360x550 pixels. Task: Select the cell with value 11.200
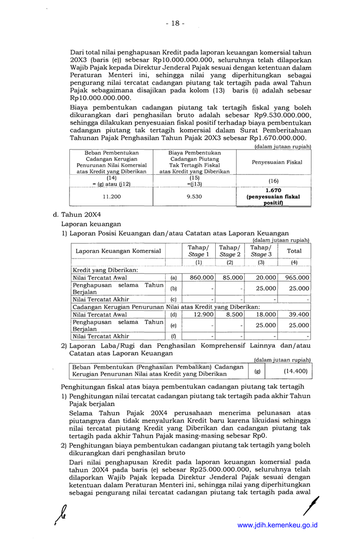pyautogui.click(x=111, y=196)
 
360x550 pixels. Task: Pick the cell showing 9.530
pyautogui.click(x=194, y=196)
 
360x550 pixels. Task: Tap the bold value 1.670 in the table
pyautogui.click(x=273, y=190)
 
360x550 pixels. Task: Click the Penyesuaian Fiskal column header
pyautogui.click(x=273, y=162)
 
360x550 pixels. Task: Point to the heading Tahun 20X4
pyautogui.click(x=79, y=215)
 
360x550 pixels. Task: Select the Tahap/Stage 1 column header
pyautogui.click(x=198, y=251)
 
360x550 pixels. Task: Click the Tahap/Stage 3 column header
pyautogui.click(x=261, y=251)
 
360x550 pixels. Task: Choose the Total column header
pyautogui.click(x=294, y=251)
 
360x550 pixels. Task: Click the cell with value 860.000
pyautogui.click(x=199, y=278)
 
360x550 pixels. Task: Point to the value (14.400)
pyautogui.click(x=295, y=371)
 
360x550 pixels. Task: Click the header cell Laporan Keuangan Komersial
pyautogui.click(x=118, y=251)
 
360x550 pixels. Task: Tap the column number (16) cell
pyautogui.click(x=273, y=180)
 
